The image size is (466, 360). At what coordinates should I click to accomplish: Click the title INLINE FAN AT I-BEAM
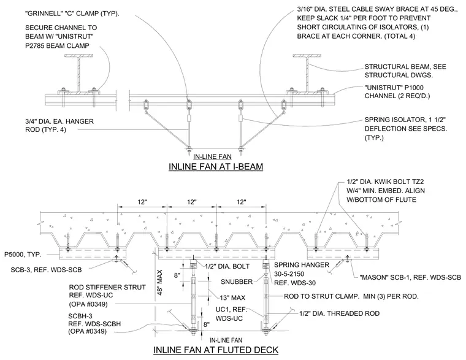[216, 166]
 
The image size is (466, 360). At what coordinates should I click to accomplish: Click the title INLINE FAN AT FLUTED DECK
[216, 350]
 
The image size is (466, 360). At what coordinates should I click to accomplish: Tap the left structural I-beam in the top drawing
[78, 74]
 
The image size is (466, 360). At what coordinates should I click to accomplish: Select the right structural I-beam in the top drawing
[307, 74]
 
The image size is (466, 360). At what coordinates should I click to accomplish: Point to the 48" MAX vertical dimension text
[159, 282]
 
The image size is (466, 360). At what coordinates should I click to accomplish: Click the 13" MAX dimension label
[233, 297]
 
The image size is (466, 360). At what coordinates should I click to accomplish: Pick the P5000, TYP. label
[23, 255]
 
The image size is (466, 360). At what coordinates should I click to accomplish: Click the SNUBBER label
[237, 281]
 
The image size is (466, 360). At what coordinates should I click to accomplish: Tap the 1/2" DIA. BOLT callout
[227, 266]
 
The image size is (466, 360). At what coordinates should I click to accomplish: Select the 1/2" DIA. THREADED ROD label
[339, 313]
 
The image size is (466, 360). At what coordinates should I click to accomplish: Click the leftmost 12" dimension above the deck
[142, 202]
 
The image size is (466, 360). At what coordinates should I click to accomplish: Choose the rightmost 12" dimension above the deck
[242, 202]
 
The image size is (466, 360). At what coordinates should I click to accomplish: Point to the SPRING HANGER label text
[302, 265]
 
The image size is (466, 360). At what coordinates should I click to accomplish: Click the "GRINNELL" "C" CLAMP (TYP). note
[72, 13]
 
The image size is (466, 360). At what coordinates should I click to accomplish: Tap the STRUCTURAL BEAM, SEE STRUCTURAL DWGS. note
[405, 71]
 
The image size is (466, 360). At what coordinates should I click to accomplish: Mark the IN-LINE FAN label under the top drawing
[212, 156]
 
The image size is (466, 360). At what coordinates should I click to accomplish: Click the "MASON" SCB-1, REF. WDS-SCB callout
[410, 277]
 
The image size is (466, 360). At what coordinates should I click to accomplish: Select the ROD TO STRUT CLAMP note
[351, 296]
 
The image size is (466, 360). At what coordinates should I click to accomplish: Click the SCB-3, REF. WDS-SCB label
[46, 270]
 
